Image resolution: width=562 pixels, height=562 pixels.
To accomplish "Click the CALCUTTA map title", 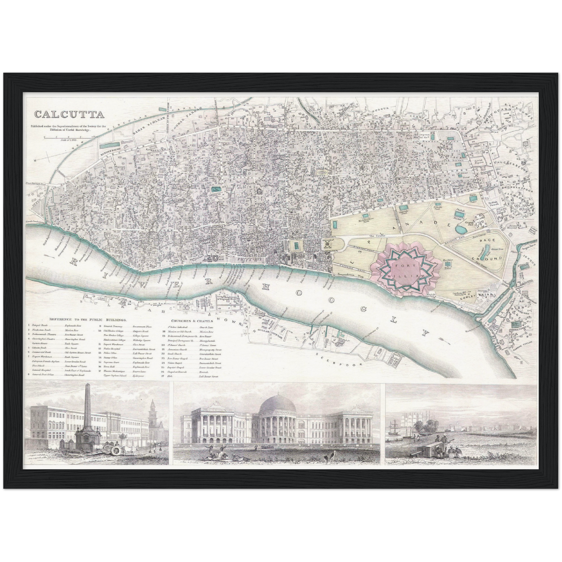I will click(x=69, y=114).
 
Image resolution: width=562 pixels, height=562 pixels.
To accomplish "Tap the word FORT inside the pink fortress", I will click(x=399, y=266).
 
